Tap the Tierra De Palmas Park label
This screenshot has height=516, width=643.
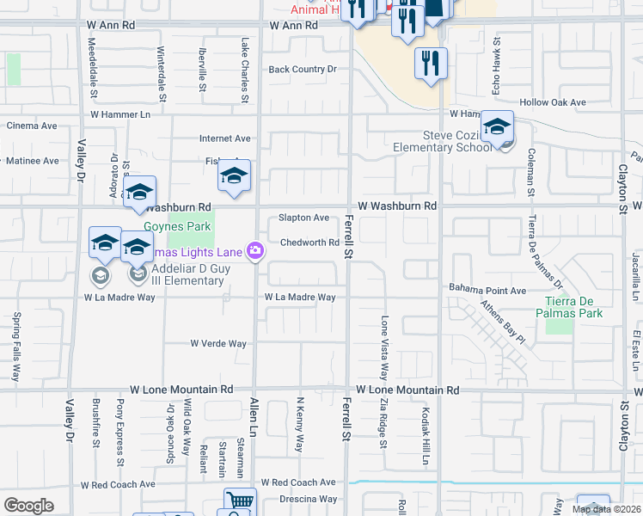coord(573,306)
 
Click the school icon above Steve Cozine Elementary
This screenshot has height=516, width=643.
coord(497,126)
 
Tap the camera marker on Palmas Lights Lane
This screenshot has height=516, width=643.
coord(255,250)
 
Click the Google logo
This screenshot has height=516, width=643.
coord(28,505)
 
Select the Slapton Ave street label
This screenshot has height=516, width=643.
coord(303,218)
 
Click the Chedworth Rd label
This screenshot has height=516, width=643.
coord(309,243)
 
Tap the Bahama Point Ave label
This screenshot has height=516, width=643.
coord(487,291)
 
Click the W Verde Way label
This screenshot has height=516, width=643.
coord(218,344)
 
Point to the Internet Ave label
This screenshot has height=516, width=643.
coord(224,138)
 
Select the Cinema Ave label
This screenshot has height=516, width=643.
coord(32,126)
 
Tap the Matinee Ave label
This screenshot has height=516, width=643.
coord(33,160)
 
